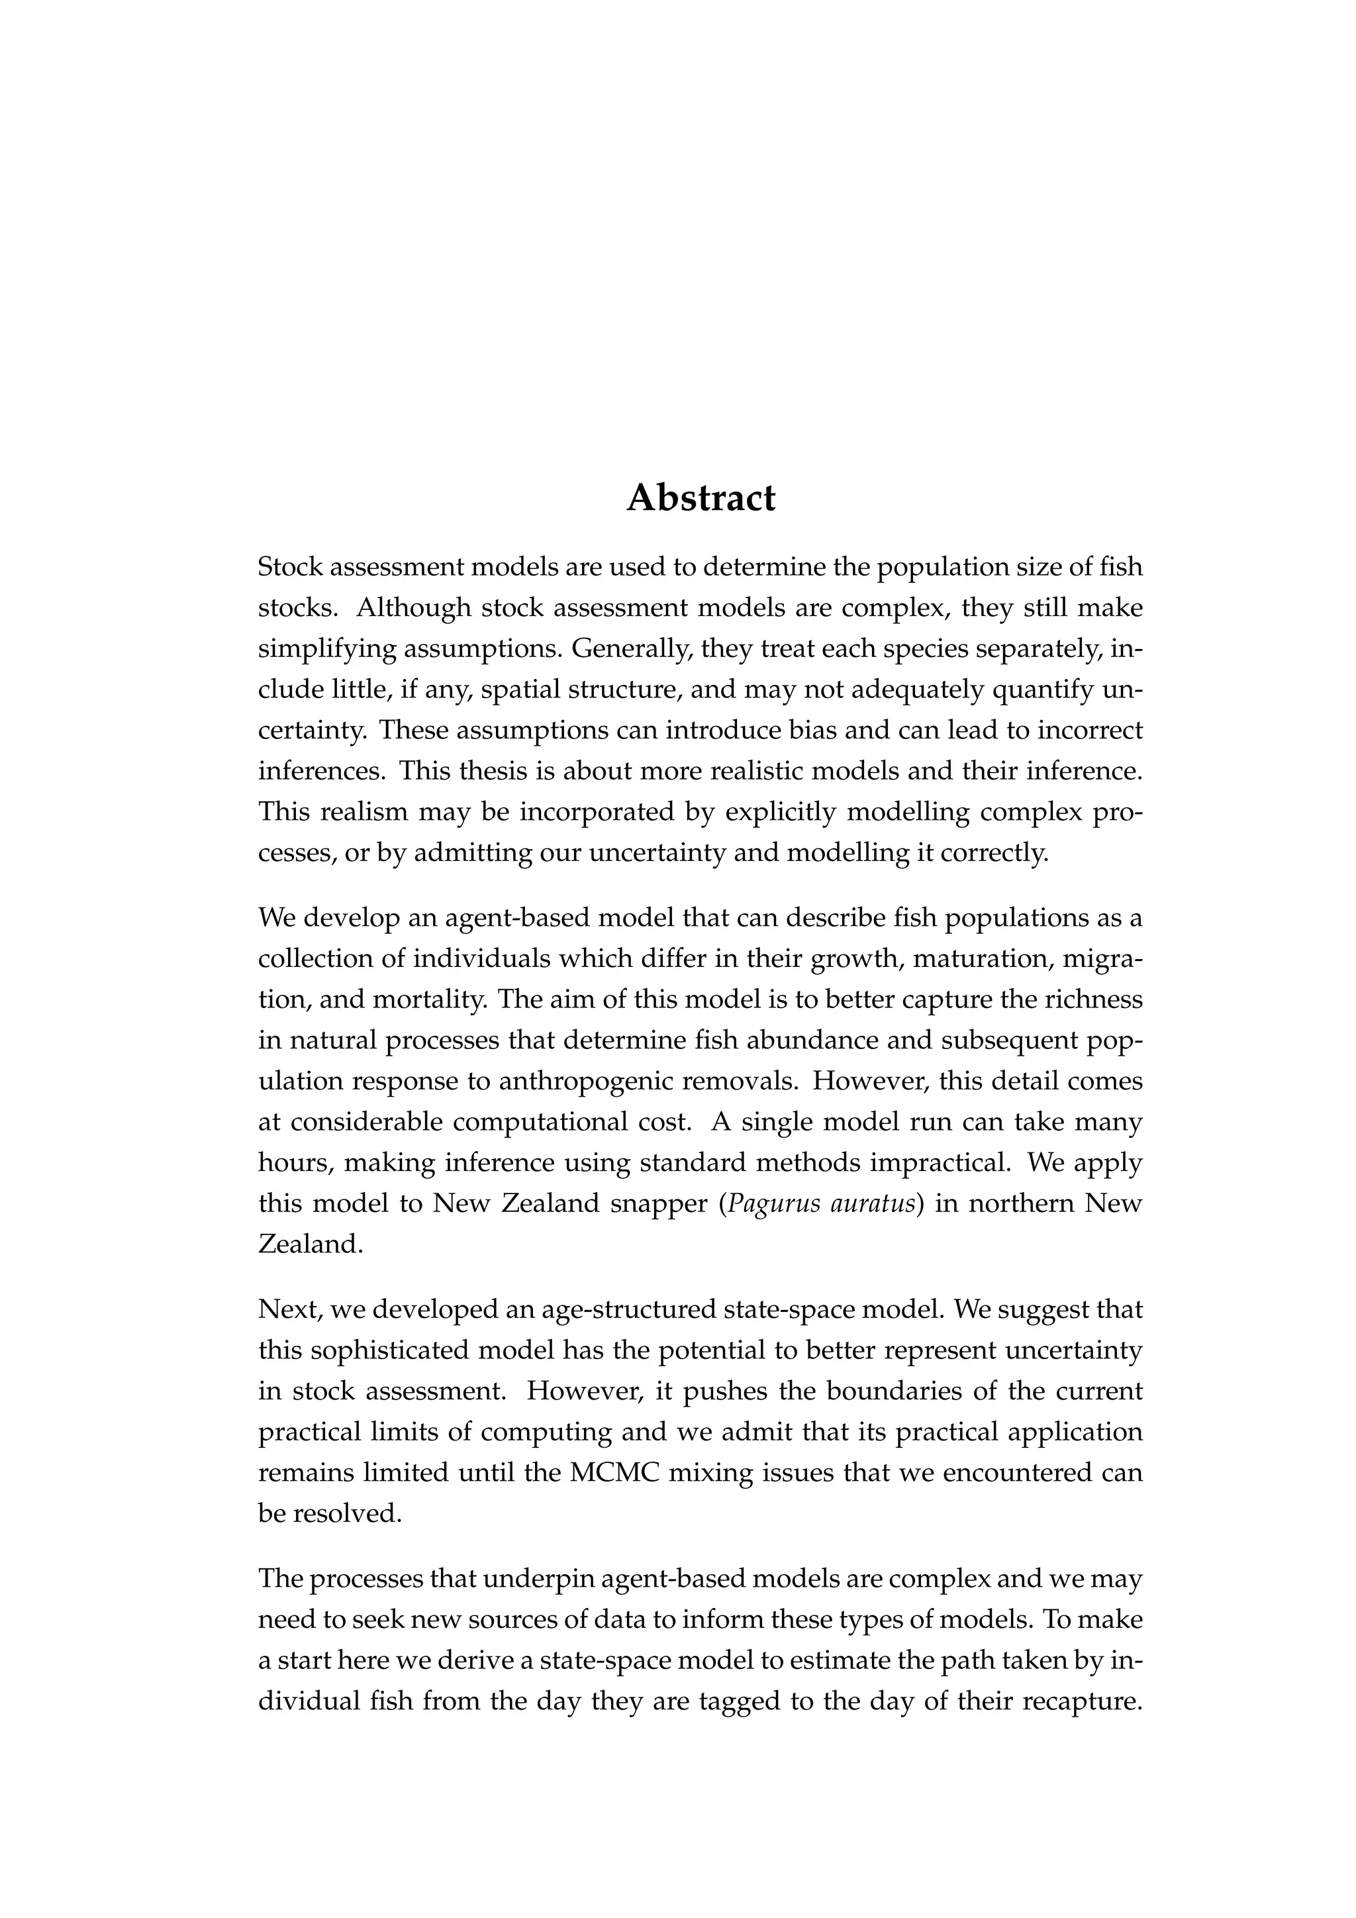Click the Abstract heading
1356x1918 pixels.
pos(701,499)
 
